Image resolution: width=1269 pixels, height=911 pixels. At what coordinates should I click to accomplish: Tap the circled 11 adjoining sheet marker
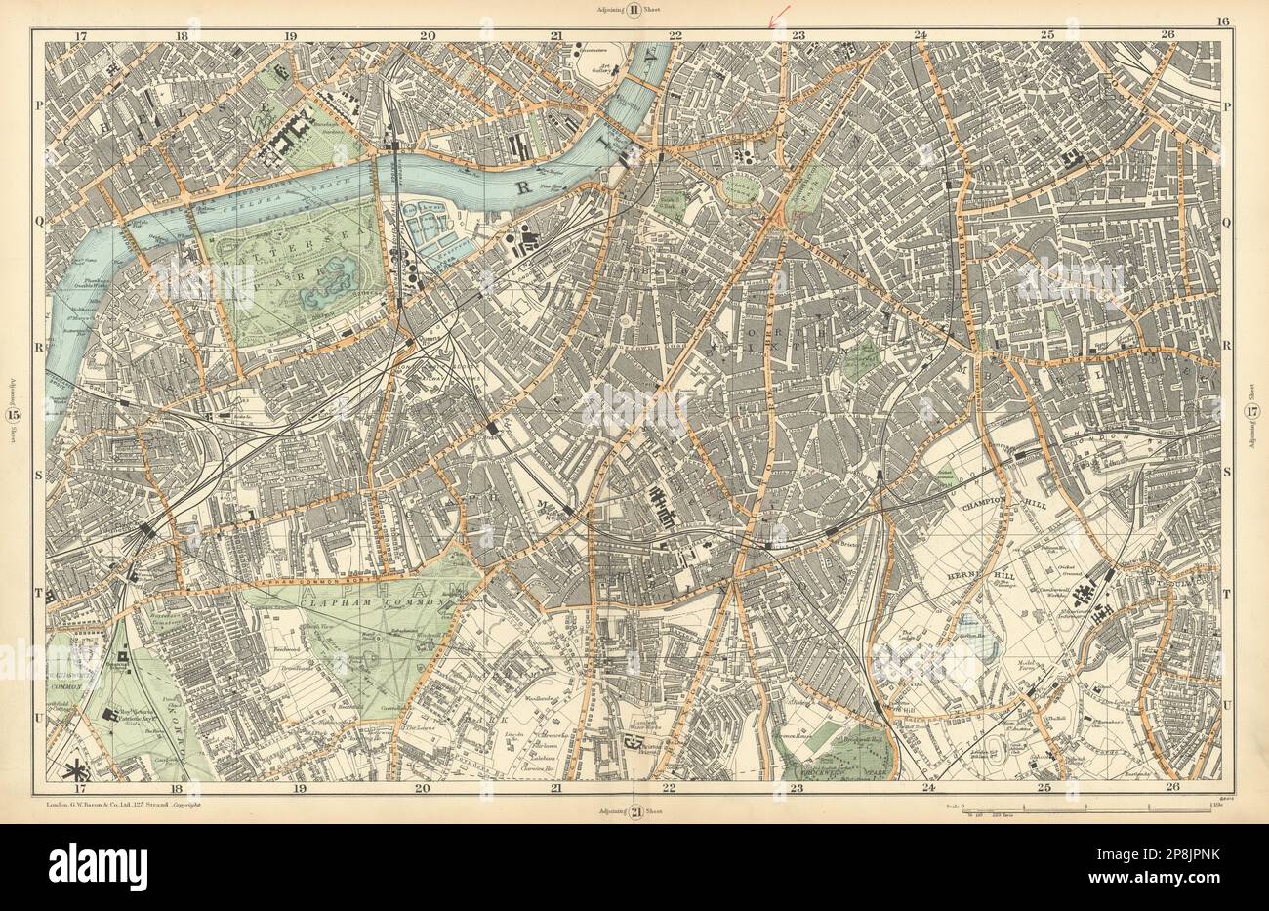pyautogui.click(x=634, y=12)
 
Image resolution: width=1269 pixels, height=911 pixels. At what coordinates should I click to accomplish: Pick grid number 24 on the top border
pyautogui.click(x=920, y=35)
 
